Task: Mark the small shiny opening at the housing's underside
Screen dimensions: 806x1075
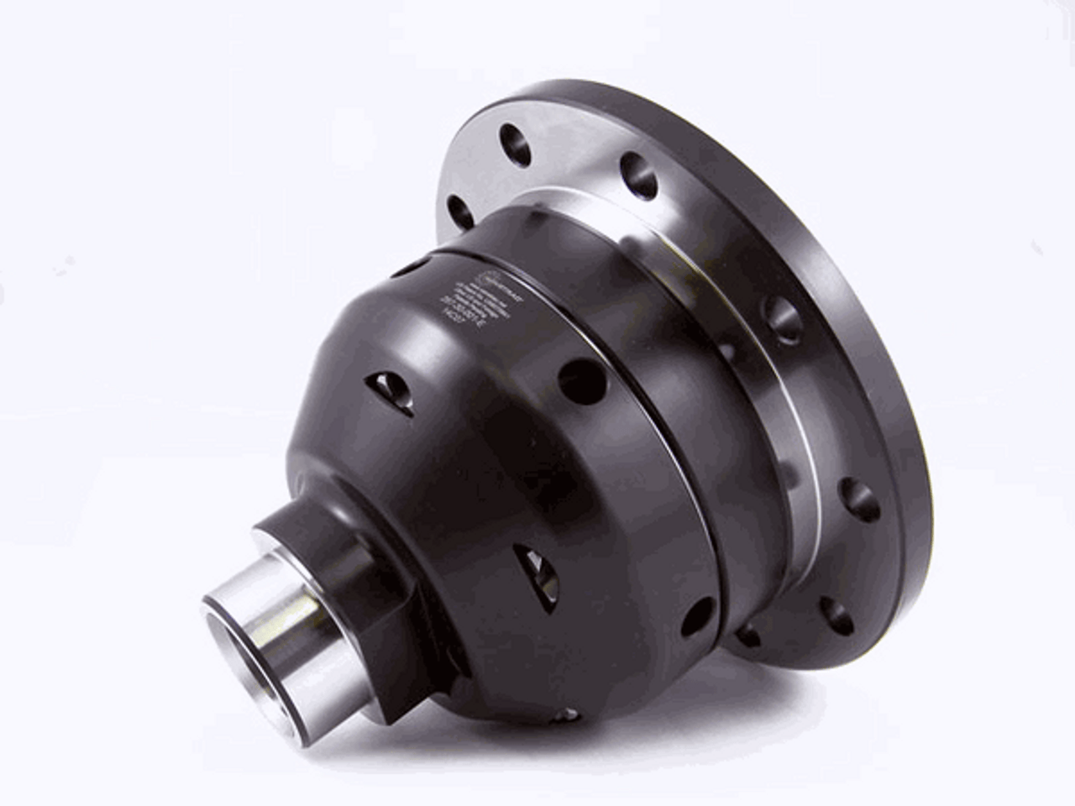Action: point(569,714)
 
